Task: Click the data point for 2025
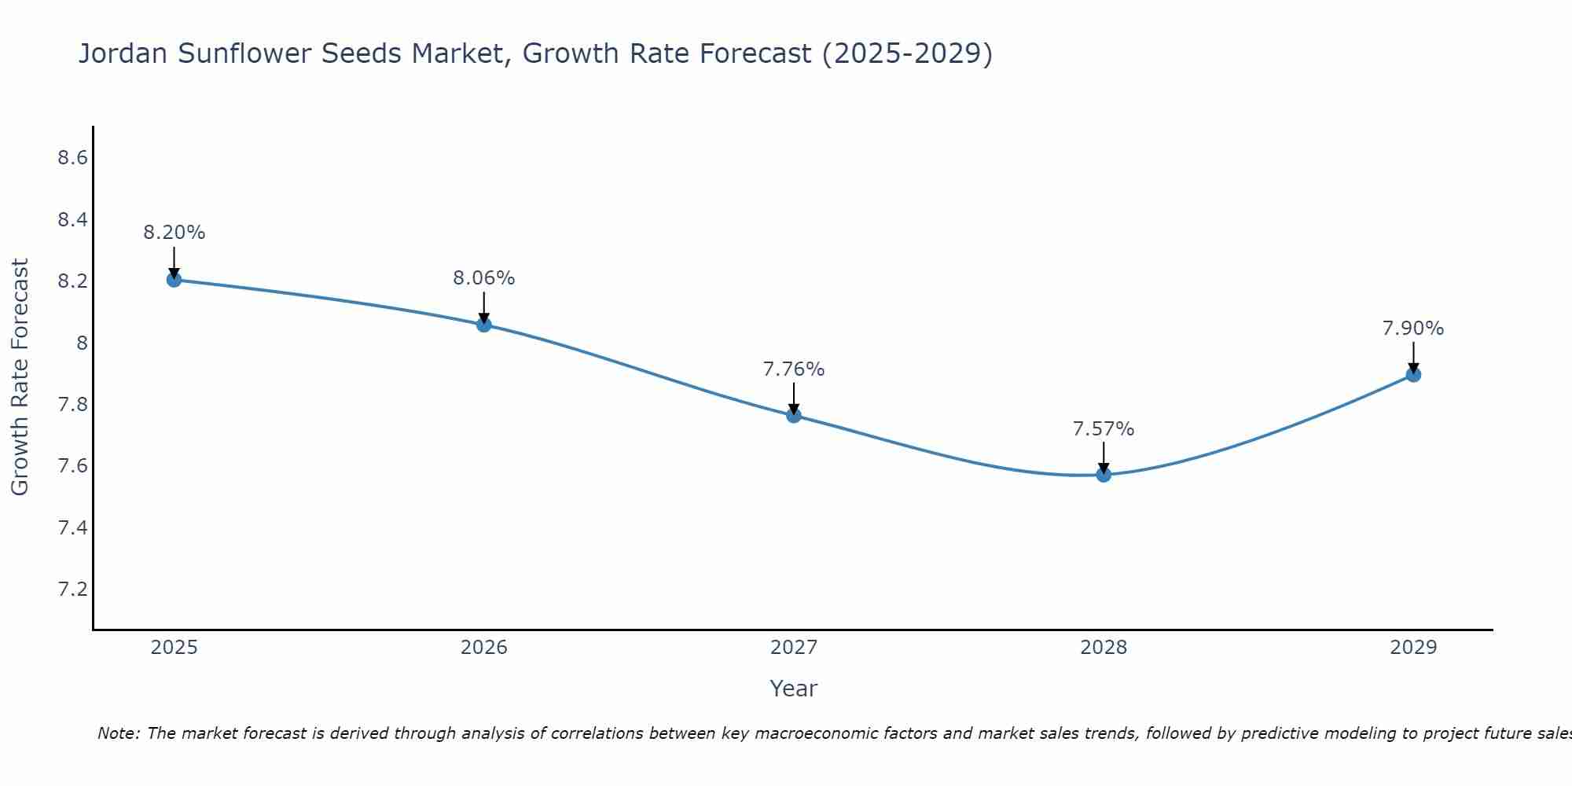(174, 279)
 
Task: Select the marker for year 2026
(484, 324)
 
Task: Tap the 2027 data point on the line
(794, 415)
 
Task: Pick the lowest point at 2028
(1104, 474)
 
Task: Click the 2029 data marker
(1413, 374)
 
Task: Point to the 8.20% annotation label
(174, 233)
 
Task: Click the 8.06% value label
(484, 278)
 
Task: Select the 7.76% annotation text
(794, 369)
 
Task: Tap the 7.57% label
(1104, 429)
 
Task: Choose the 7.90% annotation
(1413, 329)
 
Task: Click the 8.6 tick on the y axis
(72, 158)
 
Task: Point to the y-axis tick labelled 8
(82, 343)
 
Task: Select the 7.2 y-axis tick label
(72, 589)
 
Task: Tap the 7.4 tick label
(72, 527)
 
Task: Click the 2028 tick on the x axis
(1104, 648)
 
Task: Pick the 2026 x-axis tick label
(484, 648)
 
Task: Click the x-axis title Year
(794, 689)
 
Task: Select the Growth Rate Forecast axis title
(20, 377)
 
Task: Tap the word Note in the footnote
(118, 733)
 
